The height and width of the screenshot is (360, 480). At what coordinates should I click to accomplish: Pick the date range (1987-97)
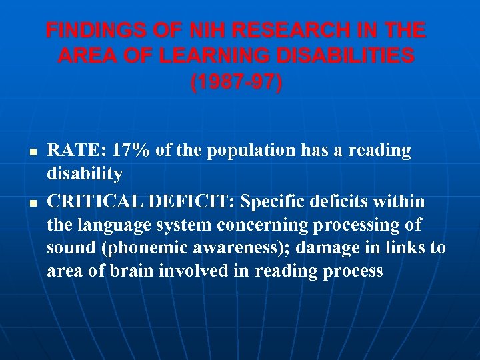(x=236, y=83)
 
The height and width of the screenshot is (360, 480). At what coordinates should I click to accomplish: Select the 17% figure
(x=131, y=151)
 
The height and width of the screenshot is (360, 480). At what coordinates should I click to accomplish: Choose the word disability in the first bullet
(x=85, y=175)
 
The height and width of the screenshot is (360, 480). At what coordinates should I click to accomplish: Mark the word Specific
(x=269, y=201)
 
